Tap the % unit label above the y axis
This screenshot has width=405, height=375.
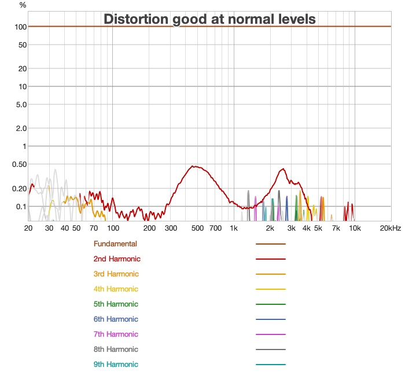tap(23, 5)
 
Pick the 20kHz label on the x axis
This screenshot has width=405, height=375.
tap(389, 228)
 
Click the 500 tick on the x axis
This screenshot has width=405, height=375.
tap(197, 228)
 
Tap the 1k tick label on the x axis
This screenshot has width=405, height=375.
tap(234, 228)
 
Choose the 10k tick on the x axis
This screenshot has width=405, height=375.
tap(355, 228)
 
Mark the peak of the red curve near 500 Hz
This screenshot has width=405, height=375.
tap(196, 166)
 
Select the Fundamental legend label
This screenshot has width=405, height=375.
tap(115, 244)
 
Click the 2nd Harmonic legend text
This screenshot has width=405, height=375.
tap(117, 259)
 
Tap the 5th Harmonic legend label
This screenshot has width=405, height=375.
tap(116, 304)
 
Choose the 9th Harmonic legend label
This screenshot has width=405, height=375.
tap(116, 365)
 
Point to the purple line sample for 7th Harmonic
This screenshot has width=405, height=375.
tap(271, 334)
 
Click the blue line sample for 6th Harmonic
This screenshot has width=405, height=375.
tap(271, 319)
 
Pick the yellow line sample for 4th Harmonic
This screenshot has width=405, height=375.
tap(271, 289)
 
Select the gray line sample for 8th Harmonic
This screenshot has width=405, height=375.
tap(271, 349)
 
